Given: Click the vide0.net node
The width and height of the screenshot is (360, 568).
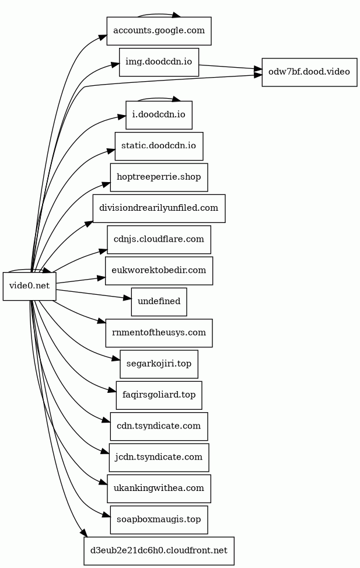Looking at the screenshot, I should pyautogui.click(x=30, y=286).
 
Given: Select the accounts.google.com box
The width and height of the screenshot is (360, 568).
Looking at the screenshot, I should pyautogui.click(x=159, y=31).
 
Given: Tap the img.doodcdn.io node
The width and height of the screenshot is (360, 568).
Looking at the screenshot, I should pyautogui.click(x=159, y=62).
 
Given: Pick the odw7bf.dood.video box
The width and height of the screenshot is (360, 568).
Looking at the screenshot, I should pyautogui.click(x=309, y=72).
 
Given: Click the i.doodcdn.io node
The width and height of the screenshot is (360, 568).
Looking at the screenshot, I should pyautogui.click(x=159, y=114).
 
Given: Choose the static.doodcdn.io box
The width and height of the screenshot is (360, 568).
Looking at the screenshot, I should pyautogui.click(x=159, y=146).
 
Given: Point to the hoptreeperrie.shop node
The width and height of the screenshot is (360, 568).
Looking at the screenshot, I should pyautogui.click(x=159, y=177).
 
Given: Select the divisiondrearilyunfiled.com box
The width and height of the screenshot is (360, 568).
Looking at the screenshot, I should pyautogui.click(x=159, y=208).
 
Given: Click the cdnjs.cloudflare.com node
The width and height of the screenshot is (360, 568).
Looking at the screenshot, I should pyautogui.click(x=159, y=239).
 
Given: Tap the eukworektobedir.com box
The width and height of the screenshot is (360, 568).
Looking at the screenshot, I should pyautogui.click(x=159, y=271).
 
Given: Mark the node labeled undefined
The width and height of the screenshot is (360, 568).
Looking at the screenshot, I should pyautogui.click(x=159, y=302).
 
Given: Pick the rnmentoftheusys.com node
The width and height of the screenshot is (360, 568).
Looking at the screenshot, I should pyautogui.click(x=159, y=333).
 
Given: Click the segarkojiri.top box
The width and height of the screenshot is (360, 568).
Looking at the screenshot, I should pyautogui.click(x=159, y=364).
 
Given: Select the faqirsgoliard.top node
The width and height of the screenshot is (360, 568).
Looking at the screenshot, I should pyautogui.click(x=159, y=395).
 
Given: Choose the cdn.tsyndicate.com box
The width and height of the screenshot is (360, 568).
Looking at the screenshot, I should pyautogui.click(x=159, y=427).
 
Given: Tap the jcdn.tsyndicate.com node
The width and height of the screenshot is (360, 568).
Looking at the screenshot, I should pyautogui.click(x=159, y=458).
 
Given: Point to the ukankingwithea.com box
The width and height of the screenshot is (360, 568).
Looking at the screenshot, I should pyautogui.click(x=159, y=489).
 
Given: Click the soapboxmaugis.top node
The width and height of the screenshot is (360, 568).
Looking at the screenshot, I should pyautogui.click(x=159, y=520).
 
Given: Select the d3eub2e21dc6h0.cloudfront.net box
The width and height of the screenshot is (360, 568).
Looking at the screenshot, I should pyautogui.click(x=159, y=551).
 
